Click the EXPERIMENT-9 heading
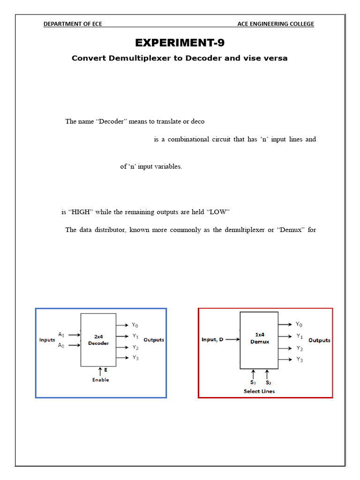point(180,43)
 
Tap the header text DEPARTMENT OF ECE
point(73,24)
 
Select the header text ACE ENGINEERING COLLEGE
point(276,24)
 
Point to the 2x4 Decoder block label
point(98,340)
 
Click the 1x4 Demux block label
point(259,338)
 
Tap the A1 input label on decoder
point(61,334)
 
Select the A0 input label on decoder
point(61,345)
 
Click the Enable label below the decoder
point(100,380)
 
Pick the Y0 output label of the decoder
point(135,325)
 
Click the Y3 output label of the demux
point(299,360)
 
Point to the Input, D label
point(212,339)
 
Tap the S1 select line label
point(254,382)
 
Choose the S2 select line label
point(268,382)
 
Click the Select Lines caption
point(259,391)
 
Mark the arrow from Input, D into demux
point(232,339)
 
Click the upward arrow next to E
point(100,371)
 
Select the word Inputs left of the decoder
point(47,340)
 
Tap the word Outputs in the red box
point(319,340)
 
